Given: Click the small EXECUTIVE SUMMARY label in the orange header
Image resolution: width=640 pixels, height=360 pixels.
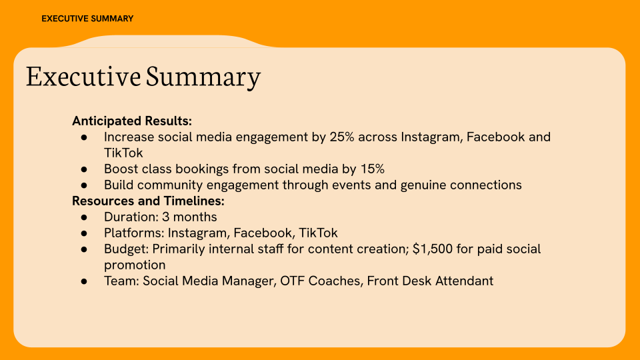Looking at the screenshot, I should [x=87, y=19].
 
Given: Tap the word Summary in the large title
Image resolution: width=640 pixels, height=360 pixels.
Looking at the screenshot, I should [x=203, y=77].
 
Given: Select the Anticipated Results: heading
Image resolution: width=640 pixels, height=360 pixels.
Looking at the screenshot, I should [x=132, y=121].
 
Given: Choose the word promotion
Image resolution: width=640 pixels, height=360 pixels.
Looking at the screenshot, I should [x=135, y=265].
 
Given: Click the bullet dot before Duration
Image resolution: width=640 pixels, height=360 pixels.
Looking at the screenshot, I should [x=85, y=217].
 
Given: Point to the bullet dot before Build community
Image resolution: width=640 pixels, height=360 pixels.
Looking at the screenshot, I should [x=85, y=185].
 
